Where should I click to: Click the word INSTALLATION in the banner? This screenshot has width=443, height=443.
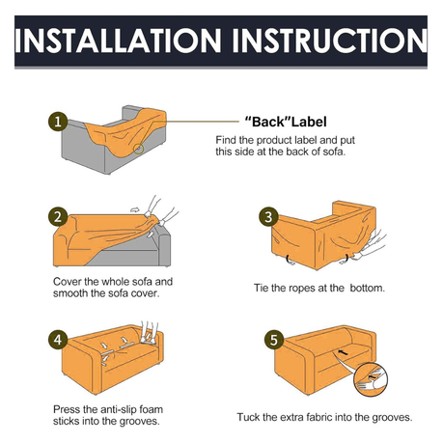pyautogui.click(x=118, y=41)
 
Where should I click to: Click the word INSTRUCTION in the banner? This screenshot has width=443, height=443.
pyautogui.click(x=330, y=41)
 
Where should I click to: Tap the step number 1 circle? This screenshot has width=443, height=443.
pyautogui.click(x=58, y=122)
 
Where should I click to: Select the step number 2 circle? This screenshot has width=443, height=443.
pyautogui.click(x=58, y=216)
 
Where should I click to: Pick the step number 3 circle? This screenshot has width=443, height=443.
pyautogui.click(x=268, y=216)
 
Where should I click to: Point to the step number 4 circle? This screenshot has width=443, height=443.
pyautogui.click(x=58, y=340)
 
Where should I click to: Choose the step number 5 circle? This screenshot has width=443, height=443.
pyautogui.click(x=274, y=340)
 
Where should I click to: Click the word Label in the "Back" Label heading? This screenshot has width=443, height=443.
pyautogui.click(x=309, y=122)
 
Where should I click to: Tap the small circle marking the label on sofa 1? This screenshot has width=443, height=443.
pyautogui.click(x=138, y=149)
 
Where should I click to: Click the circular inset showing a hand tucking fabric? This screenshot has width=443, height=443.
pyautogui.click(x=371, y=379)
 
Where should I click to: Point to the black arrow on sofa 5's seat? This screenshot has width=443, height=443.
pyautogui.click(x=343, y=352)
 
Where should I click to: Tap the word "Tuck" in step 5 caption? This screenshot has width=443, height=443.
pyautogui.click(x=248, y=417)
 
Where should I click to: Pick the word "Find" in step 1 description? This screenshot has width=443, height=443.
pyautogui.click(x=226, y=140)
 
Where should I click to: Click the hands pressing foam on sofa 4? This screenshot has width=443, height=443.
pyautogui.click(x=149, y=333)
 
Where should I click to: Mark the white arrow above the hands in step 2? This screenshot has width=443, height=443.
pyautogui.click(x=135, y=209)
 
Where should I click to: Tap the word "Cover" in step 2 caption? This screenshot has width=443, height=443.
pyautogui.click(x=68, y=282)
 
